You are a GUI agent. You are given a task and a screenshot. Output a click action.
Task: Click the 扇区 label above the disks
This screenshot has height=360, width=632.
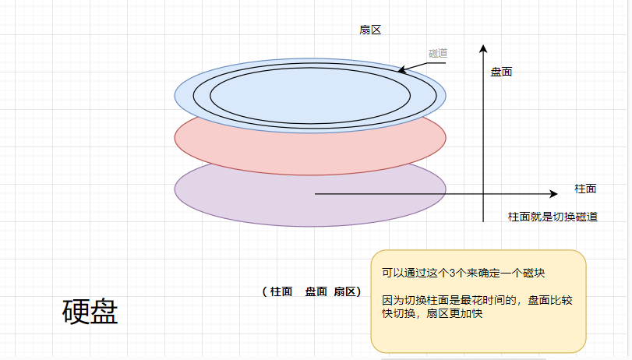click(369, 30)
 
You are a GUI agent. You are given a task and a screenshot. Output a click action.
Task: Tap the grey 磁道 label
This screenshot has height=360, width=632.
click(438, 53)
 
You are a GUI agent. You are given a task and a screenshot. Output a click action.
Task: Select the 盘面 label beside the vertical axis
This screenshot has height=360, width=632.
click(501, 72)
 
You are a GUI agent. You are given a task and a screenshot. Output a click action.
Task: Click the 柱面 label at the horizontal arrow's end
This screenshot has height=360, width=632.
click(585, 189)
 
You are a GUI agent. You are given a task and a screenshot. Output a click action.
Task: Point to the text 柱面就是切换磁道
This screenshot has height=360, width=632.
click(553, 217)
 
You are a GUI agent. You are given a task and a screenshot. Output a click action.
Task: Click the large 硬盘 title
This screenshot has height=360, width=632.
click(90, 312)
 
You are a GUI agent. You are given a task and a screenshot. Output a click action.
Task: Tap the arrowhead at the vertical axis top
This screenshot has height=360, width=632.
click(485, 48)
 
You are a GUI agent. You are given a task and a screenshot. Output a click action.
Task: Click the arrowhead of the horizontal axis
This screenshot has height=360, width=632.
click(554, 193)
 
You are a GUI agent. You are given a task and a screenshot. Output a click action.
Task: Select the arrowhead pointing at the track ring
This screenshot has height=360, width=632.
click(401, 71)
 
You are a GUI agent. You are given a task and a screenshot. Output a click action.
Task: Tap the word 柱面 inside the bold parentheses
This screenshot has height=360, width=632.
click(281, 291)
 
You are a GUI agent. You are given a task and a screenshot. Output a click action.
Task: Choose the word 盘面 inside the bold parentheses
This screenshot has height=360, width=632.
click(316, 291)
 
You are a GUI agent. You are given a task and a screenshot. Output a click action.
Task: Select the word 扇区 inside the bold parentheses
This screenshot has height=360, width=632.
click(344, 291)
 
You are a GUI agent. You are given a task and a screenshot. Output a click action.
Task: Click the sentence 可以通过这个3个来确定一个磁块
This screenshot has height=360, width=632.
click(463, 274)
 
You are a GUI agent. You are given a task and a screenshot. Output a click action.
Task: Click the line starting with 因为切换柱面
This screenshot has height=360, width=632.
click(477, 300)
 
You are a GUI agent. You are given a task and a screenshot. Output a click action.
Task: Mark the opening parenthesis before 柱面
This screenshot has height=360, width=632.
click(265, 291)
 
